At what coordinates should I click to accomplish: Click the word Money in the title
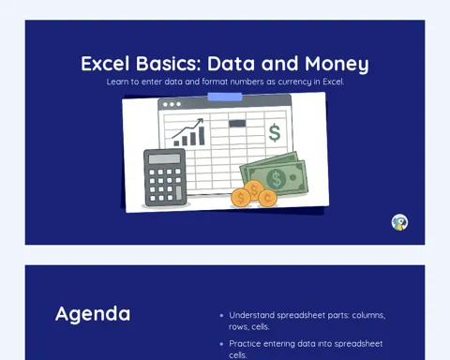coord(337,64)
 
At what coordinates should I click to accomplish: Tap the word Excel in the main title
coord(105,64)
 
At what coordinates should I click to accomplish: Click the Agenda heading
coord(93,314)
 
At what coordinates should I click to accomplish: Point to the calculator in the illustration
coord(165,177)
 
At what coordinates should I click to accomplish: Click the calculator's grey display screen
coord(164,158)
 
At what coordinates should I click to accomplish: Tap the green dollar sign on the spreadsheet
coord(275,132)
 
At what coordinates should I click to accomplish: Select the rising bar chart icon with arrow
coord(188,132)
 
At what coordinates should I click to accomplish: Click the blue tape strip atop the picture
coord(225,97)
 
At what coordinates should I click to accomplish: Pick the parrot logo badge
coord(399,222)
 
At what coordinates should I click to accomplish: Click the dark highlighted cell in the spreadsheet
coord(237,124)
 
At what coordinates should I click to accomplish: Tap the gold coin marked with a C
coord(268,198)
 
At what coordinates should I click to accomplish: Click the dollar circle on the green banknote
coord(276,179)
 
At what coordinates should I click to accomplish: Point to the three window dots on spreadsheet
coord(172,104)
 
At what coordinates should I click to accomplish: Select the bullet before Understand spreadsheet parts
coord(221,316)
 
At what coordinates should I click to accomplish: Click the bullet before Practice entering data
coord(221,344)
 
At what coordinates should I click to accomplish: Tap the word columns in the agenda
coord(368,315)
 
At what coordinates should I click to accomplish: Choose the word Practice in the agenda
coord(245,344)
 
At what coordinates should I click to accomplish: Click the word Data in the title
coord(231,64)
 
